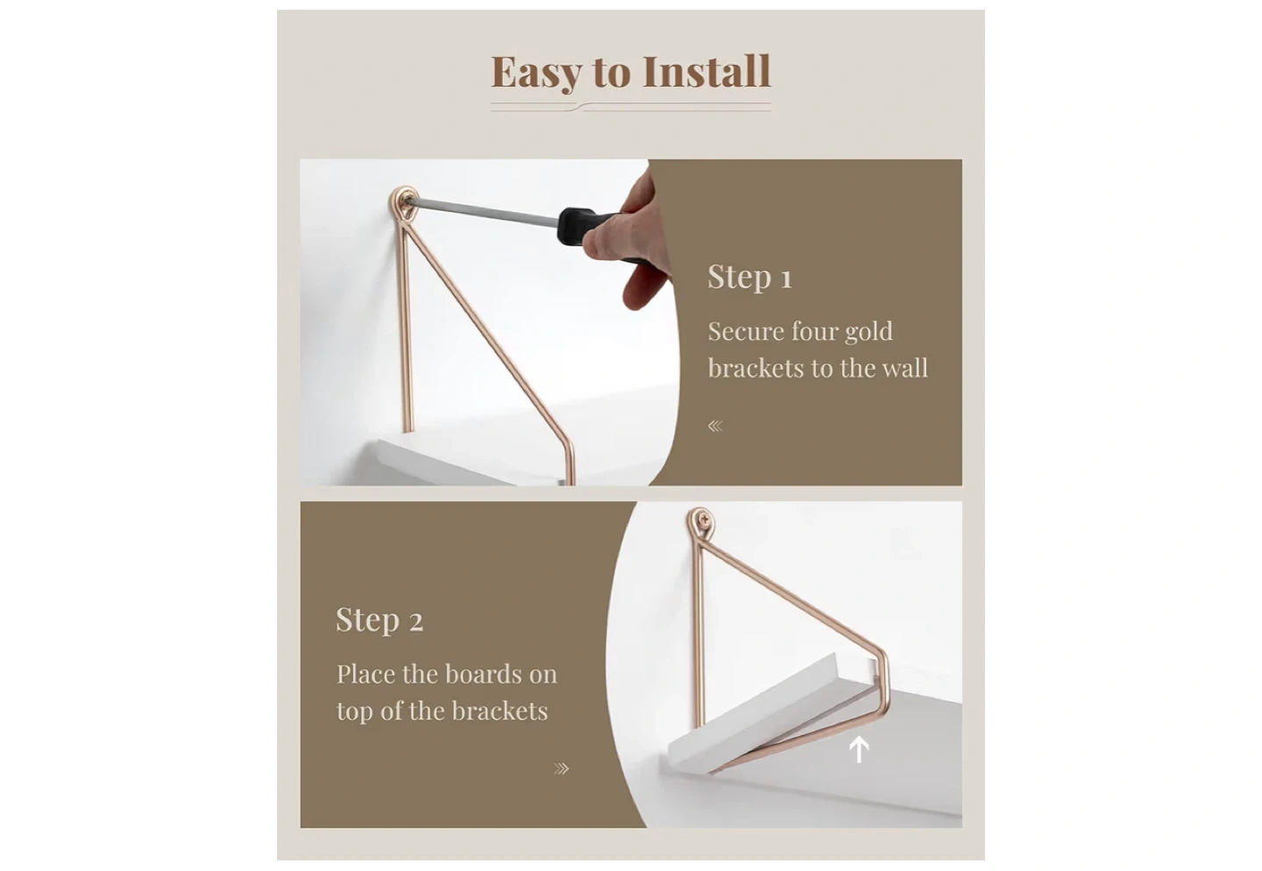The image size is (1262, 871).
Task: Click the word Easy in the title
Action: pos(535,72)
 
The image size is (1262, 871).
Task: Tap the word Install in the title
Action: pos(706,71)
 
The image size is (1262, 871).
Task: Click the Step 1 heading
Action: pos(750,277)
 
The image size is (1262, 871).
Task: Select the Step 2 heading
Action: pos(379,620)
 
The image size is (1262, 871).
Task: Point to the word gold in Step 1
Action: pos(869,332)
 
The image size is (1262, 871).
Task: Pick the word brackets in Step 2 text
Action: pos(500,711)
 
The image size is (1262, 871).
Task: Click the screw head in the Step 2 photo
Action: pos(702,516)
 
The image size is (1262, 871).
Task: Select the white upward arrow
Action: pos(859,750)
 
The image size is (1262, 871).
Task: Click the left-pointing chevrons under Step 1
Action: pos(715,426)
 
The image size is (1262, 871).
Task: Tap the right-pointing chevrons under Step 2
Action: pos(561,769)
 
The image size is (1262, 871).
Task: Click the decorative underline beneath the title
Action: pos(631,107)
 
